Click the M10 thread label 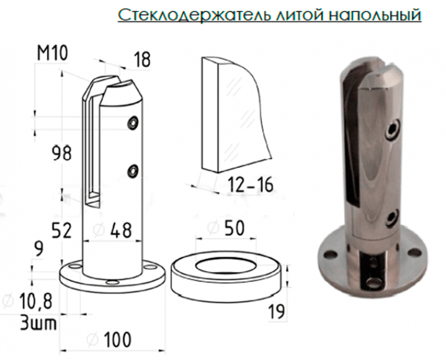[52, 53]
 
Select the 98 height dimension [62, 154]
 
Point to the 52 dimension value [62, 230]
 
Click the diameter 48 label [113, 230]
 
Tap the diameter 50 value [226, 228]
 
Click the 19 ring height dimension [276, 311]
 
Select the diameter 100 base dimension [109, 340]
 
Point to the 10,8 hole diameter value [28, 302]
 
